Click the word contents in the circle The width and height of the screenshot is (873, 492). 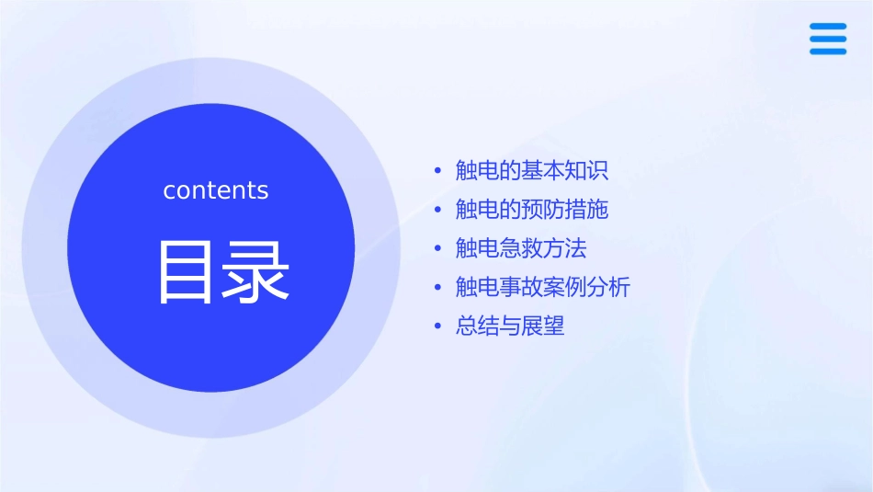(x=216, y=190)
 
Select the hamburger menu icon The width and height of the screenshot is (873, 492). (x=828, y=40)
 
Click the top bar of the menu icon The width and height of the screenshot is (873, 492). (x=828, y=28)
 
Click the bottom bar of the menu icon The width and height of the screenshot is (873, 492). (x=828, y=51)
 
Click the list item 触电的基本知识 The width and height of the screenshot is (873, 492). (x=532, y=171)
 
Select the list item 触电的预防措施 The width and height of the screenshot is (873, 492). (x=532, y=210)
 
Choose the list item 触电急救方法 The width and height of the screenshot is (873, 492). (x=521, y=248)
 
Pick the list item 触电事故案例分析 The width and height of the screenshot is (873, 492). (x=543, y=287)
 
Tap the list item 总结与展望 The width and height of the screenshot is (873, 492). (x=510, y=326)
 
